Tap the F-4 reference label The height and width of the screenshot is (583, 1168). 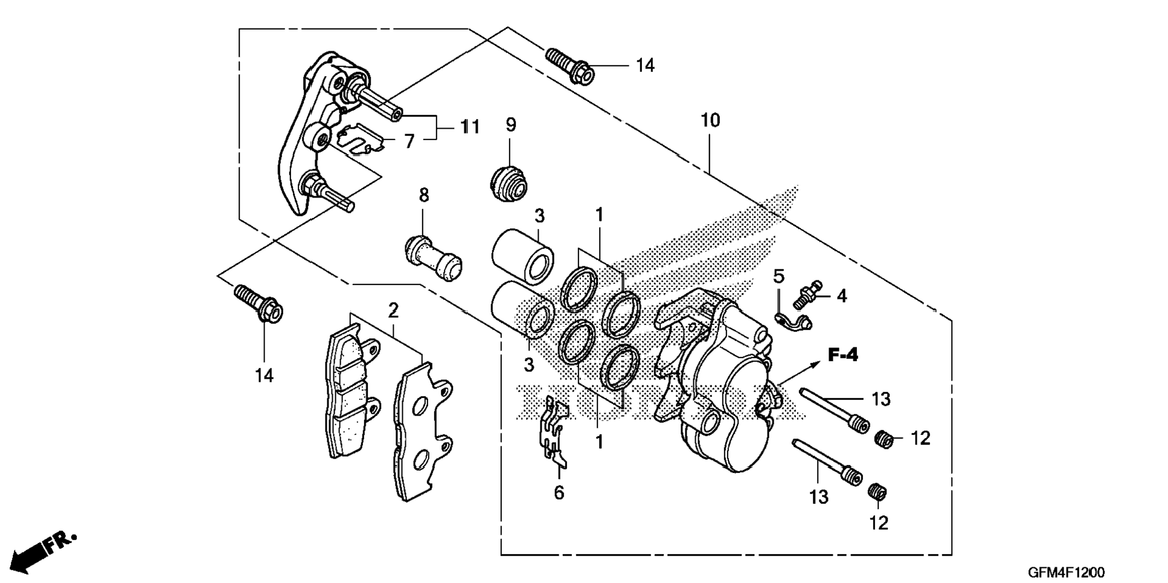(842, 355)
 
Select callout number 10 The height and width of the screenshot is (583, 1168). (711, 120)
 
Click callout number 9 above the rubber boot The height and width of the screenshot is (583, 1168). (511, 125)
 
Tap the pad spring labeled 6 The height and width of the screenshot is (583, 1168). (554, 431)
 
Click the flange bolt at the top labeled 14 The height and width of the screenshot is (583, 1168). (570, 66)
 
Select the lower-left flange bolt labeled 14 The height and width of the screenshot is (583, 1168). (258, 303)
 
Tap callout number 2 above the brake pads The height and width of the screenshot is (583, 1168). (393, 311)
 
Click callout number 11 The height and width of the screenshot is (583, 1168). (470, 127)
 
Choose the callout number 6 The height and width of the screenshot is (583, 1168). (559, 493)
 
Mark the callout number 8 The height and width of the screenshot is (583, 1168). (424, 195)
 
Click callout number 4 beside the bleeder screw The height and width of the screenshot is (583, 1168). (841, 296)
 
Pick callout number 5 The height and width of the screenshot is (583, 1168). (779, 277)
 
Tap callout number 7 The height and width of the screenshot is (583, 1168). (409, 141)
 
